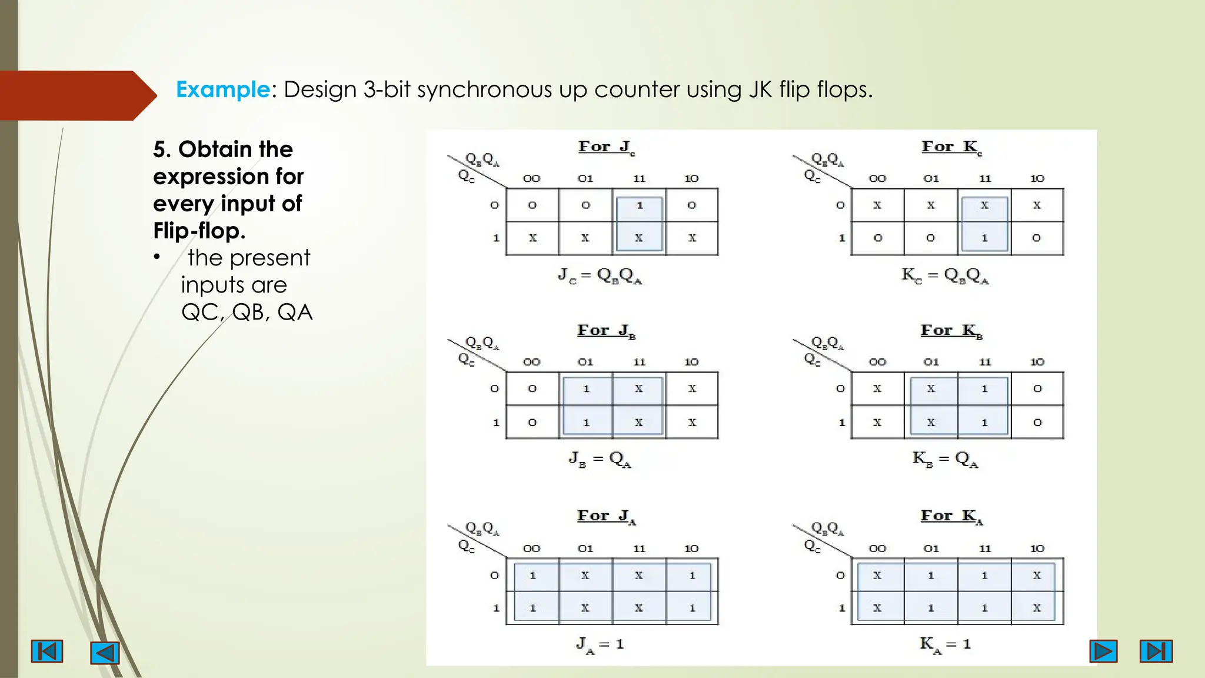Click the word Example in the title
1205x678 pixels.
point(222,90)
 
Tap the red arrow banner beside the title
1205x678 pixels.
point(74,95)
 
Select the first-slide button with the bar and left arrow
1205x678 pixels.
point(47,652)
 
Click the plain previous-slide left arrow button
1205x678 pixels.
point(105,653)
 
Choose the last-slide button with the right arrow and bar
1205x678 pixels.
point(1156,651)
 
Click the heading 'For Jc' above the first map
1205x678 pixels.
point(606,147)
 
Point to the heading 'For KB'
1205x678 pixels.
point(951,331)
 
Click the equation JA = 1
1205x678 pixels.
point(600,644)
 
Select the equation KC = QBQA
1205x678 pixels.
point(945,275)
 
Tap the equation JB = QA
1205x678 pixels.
point(600,459)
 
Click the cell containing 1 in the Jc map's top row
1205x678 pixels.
point(640,205)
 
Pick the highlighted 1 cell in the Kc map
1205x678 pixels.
point(984,238)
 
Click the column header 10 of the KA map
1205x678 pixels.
point(1037,549)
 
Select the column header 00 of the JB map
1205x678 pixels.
point(531,363)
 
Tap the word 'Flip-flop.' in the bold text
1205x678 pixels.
point(199,231)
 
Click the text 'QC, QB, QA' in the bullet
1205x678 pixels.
point(247,312)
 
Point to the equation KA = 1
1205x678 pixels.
point(945,644)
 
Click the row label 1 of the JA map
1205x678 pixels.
point(495,608)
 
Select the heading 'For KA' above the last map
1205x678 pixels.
point(951,517)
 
